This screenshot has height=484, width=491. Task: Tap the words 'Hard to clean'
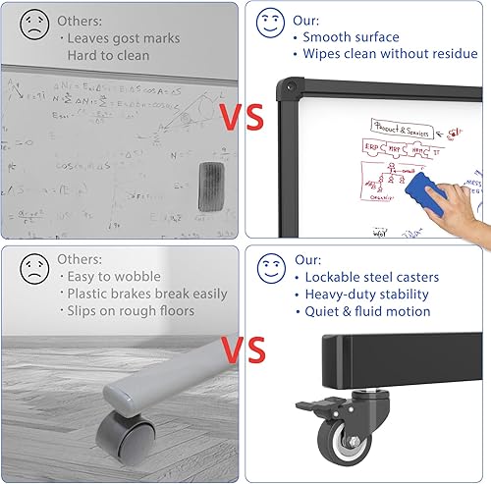[108, 56]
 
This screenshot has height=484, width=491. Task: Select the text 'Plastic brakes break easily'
[146, 294]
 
